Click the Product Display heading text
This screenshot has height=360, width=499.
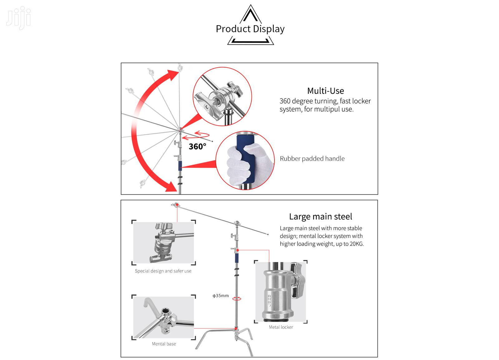click(250, 29)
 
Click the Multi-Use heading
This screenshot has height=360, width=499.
click(325, 91)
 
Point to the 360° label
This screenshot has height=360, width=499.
click(197, 146)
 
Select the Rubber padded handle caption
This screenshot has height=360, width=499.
click(312, 159)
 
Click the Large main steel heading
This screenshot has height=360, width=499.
click(320, 217)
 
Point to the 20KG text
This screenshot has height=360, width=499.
click(356, 244)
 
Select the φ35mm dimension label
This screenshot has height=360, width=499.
click(221, 295)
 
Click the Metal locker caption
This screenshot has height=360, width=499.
click(281, 327)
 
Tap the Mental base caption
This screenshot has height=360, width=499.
click(164, 344)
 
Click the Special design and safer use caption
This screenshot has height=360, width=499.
click(163, 271)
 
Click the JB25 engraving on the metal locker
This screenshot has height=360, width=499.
click(269, 300)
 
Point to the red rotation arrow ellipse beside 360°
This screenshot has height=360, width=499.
click(200, 135)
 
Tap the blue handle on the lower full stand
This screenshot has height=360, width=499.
click(237, 257)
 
